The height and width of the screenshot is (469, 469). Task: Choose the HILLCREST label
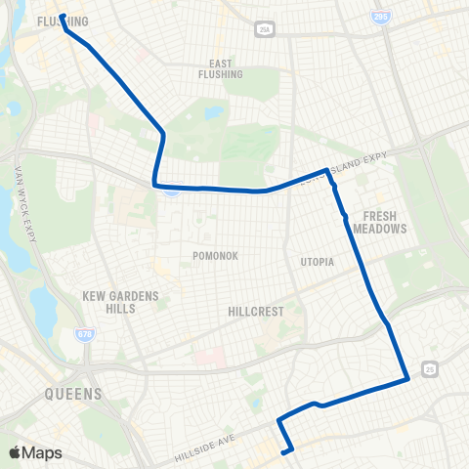pyautogui.click(x=255, y=312)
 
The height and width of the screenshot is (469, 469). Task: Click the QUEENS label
pyautogui.click(x=73, y=395)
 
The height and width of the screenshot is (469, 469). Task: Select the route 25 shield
pyautogui.click(x=431, y=368)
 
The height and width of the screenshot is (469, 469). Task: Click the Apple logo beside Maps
pyautogui.click(x=16, y=451)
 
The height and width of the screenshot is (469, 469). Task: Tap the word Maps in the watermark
pyautogui.click(x=42, y=451)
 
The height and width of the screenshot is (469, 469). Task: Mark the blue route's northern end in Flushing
pyautogui.click(x=61, y=17)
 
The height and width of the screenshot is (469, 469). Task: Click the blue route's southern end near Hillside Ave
pyautogui.click(x=283, y=451)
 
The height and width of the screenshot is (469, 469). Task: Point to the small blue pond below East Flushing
pyautogui.click(x=213, y=113)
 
